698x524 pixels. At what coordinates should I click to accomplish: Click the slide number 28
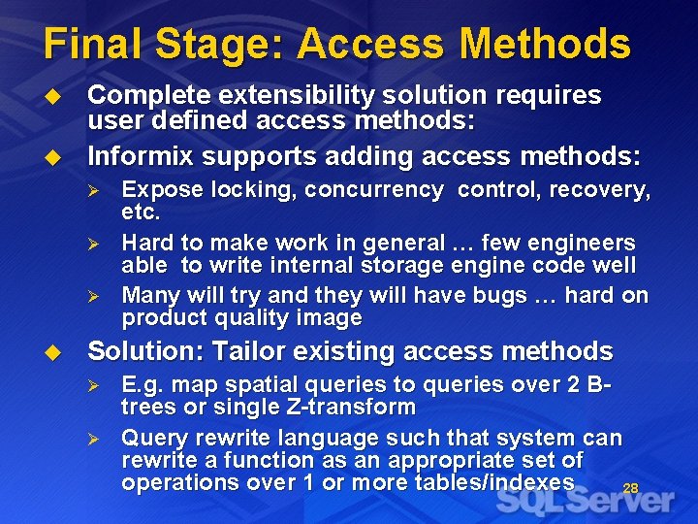pyautogui.click(x=630, y=489)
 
